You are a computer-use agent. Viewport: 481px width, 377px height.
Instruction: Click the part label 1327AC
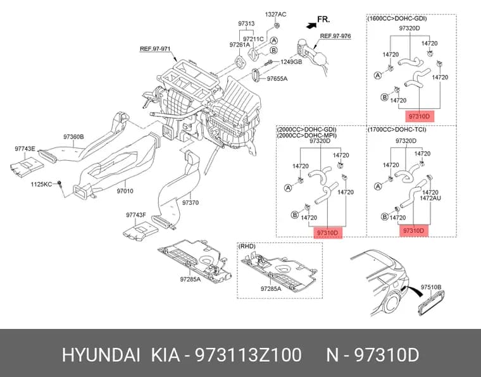275,15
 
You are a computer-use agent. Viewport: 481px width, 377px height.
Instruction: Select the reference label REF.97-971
155,49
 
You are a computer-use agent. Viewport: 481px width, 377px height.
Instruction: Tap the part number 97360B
73,137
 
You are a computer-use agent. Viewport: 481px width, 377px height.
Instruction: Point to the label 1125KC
41,184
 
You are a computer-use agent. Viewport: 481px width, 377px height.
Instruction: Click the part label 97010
125,191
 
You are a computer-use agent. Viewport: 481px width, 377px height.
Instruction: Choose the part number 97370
191,202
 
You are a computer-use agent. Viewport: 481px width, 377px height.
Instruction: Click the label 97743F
136,215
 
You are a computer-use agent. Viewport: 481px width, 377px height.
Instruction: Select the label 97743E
25,149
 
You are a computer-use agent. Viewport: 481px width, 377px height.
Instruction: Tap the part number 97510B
431,287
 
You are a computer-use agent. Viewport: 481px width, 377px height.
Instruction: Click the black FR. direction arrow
311,26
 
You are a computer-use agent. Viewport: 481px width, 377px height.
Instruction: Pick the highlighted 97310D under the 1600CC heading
420,116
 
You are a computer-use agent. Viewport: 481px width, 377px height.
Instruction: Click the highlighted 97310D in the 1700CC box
413,230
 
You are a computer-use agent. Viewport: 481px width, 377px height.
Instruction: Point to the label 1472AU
430,199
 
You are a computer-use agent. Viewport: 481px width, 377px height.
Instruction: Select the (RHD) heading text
247,246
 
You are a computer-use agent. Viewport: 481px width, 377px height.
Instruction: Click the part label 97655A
277,79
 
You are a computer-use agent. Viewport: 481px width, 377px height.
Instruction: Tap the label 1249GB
291,62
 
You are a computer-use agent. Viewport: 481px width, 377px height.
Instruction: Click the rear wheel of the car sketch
392,302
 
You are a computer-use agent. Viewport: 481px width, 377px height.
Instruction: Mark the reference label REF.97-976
335,36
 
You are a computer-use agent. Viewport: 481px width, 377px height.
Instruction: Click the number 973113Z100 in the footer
249,355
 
